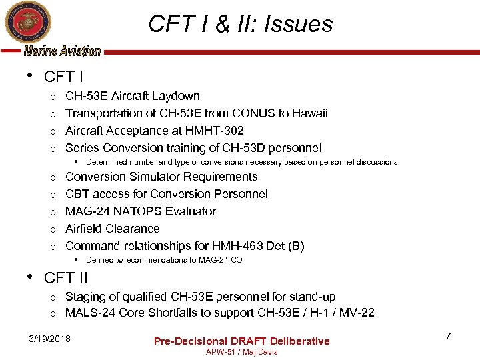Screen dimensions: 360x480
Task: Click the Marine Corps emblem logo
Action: tap(23, 23)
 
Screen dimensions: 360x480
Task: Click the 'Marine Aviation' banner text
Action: tap(62, 51)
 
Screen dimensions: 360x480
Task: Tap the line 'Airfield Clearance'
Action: tap(112, 229)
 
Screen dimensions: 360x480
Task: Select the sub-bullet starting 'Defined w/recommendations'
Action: tap(164, 260)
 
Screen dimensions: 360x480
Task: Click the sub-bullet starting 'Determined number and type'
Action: tap(241, 162)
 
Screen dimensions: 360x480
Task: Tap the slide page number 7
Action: tap(448, 336)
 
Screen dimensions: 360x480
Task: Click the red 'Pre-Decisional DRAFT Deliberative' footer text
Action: tap(241, 341)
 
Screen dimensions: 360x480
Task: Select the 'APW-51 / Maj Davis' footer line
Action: tap(241, 352)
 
